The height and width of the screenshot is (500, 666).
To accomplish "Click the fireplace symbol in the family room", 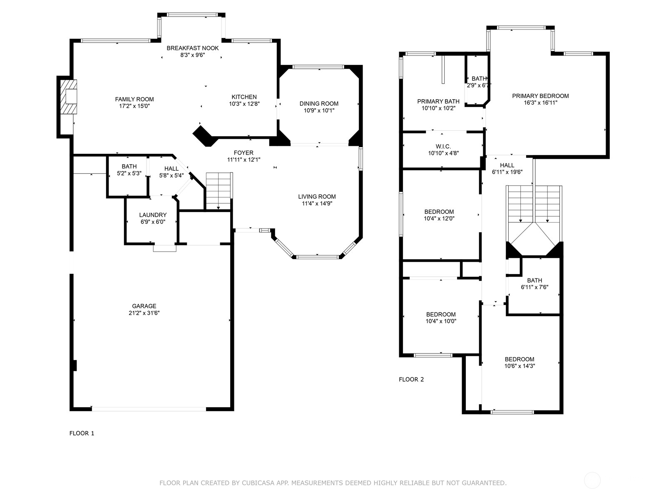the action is (x=68, y=97).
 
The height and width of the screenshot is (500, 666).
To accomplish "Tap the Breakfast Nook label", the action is (x=192, y=48).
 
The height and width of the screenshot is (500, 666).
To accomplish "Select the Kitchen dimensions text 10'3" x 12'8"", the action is (x=244, y=104).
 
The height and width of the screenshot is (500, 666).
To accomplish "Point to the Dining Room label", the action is (x=319, y=103).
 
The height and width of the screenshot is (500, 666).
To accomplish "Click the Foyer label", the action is (x=244, y=152).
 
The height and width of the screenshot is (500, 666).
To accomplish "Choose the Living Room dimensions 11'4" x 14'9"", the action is (x=317, y=203).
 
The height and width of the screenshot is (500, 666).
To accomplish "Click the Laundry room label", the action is (x=153, y=215).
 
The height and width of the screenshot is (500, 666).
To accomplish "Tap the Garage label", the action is (x=144, y=306).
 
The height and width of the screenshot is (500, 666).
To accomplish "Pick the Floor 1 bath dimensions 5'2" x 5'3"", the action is (x=129, y=173).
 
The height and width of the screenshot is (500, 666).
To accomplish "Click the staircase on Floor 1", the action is (x=219, y=191).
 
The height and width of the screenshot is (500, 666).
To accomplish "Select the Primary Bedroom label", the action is (x=540, y=96).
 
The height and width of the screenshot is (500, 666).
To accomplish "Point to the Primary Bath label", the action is (x=438, y=101).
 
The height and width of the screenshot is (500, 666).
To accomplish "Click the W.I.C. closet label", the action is (x=443, y=147).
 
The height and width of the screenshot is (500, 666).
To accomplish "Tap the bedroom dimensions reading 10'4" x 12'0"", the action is (x=439, y=218).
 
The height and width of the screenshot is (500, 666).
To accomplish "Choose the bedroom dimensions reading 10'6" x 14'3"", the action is (x=519, y=366).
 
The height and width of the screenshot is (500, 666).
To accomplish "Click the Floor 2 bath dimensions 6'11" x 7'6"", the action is (x=534, y=287).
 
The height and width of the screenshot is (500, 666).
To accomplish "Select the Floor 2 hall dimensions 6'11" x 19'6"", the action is (x=507, y=172).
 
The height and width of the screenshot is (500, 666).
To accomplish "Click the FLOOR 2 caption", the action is (x=411, y=379).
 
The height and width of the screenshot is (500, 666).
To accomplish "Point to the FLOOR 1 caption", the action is (x=82, y=433).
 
